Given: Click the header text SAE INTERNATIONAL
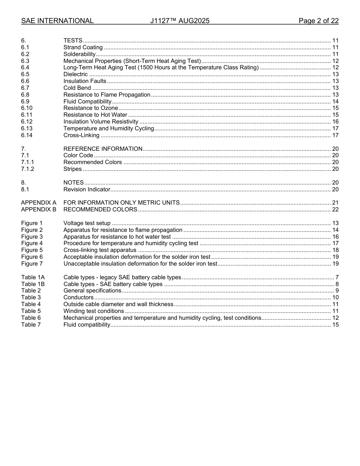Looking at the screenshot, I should [x=57, y=21].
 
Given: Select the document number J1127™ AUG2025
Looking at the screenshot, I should [x=180, y=21].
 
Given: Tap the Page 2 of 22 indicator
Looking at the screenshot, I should [x=318, y=21].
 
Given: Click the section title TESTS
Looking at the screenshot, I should [x=73, y=41].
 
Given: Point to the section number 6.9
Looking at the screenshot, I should [x=25, y=102].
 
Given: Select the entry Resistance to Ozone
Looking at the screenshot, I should [x=91, y=108].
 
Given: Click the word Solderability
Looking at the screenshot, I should [x=79, y=54].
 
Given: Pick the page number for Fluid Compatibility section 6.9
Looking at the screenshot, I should [x=335, y=102].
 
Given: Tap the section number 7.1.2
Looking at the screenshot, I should [x=28, y=169].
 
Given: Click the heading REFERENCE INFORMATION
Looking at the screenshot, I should [x=103, y=149].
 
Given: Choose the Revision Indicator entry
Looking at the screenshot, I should [x=87, y=189].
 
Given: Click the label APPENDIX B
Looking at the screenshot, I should [x=39, y=210].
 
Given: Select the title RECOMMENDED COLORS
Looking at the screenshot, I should [x=100, y=210].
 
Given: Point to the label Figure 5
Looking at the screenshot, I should [x=32, y=250].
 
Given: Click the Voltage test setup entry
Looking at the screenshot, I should [x=87, y=223].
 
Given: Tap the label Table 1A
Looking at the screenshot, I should [x=33, y=278].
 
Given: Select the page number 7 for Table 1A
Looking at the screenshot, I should [x=337, y=278].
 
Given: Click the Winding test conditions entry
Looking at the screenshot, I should [x=94, y=311].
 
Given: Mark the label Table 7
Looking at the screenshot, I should [x=31, y=325].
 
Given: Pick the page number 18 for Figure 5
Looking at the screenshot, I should [x=335, y=250].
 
